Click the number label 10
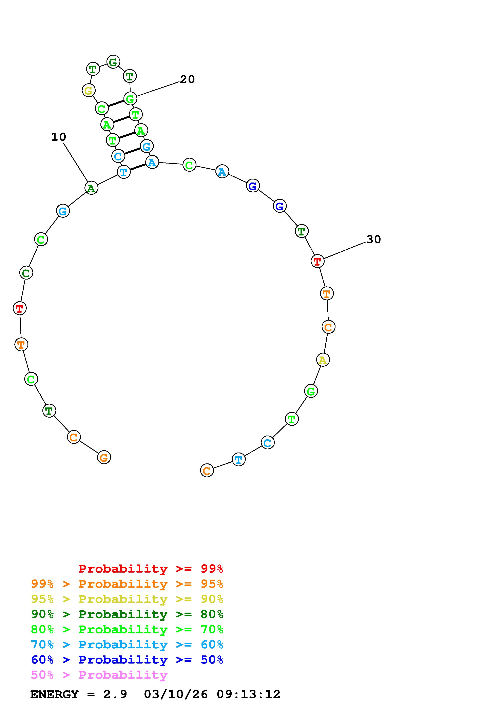coord(59,137)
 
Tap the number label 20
coord(187,79)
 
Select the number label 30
coord(373,239)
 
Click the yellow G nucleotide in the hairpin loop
coord(89,91)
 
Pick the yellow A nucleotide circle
coord(323,360)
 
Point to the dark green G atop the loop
coord(113,62)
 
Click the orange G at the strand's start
coord(104,457)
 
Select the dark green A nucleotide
coord(91,188)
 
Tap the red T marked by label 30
coord(317,261)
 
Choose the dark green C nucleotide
coord(26,273)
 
